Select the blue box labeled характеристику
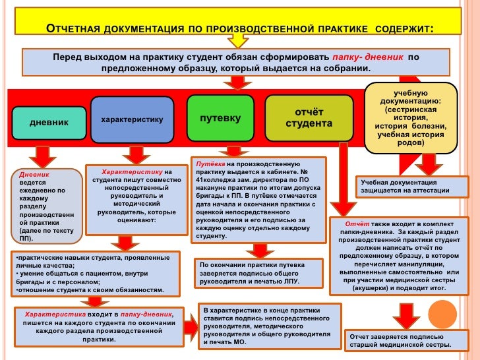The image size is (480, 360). click(x=132, y=120)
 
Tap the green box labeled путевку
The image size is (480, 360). click(x=220, y=119)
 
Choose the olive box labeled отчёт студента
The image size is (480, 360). click(x=309, y=118)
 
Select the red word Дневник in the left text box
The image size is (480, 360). click(x=34, y=174)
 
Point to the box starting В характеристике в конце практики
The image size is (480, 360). click(x=270, y=326)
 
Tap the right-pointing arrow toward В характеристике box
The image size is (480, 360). click(x=191, y=323)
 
